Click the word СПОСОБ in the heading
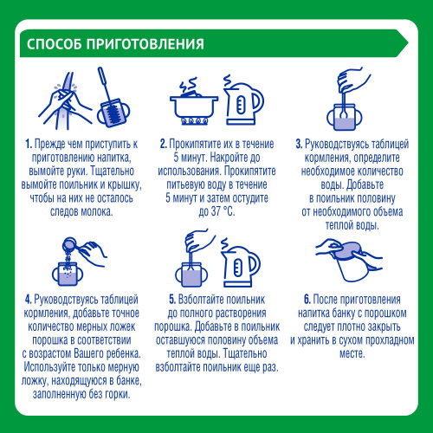(53, 44)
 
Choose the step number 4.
(28, 301)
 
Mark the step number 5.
(170, 301)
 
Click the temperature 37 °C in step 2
(219, 213)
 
